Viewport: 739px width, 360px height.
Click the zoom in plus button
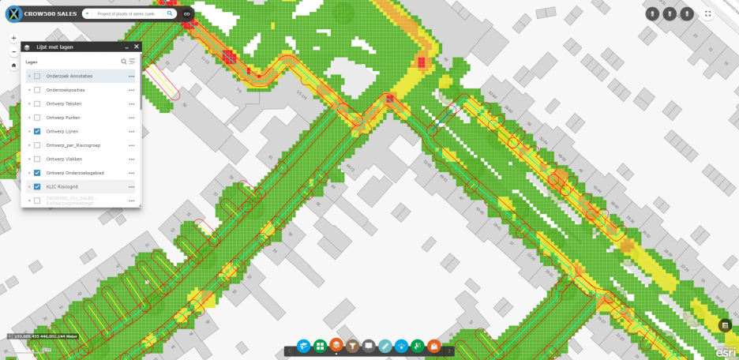(x=13, y=38)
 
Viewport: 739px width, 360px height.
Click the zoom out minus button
(x=13, y=52)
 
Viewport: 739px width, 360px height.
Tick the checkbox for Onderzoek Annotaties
(x=37, y=76)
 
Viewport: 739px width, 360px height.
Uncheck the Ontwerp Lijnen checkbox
(x=37, y=131)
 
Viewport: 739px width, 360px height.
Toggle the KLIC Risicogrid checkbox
(x=37, y=186)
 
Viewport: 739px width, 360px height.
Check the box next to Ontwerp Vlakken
(x=37, y=159)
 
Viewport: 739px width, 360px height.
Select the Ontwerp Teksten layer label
(x=64, y=103)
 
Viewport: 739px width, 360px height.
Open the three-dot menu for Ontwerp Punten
(x=132, y=118)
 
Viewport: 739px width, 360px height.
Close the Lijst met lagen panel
(x=136, y=47)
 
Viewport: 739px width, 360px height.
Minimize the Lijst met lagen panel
(x=125, y=47)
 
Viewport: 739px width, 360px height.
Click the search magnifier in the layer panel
(x=123, y=61)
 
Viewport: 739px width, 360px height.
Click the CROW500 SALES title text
(x=50, y=13)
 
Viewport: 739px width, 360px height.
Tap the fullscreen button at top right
(x=708, y=13)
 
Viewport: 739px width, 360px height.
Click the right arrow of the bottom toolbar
(x=451, y=351)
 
